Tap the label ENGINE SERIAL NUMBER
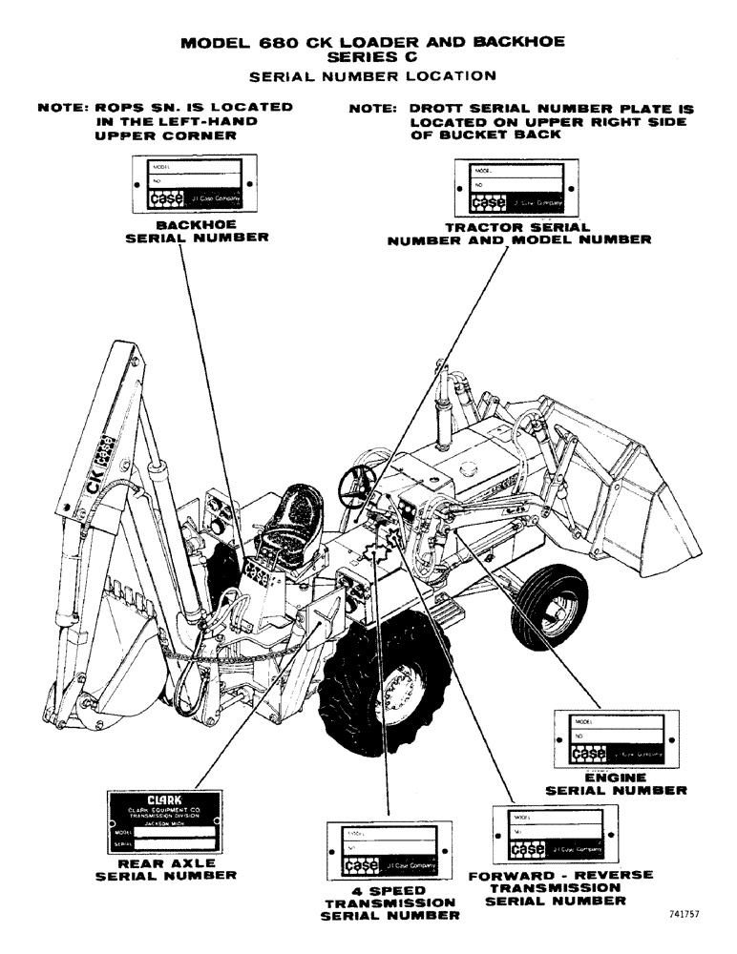615,784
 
